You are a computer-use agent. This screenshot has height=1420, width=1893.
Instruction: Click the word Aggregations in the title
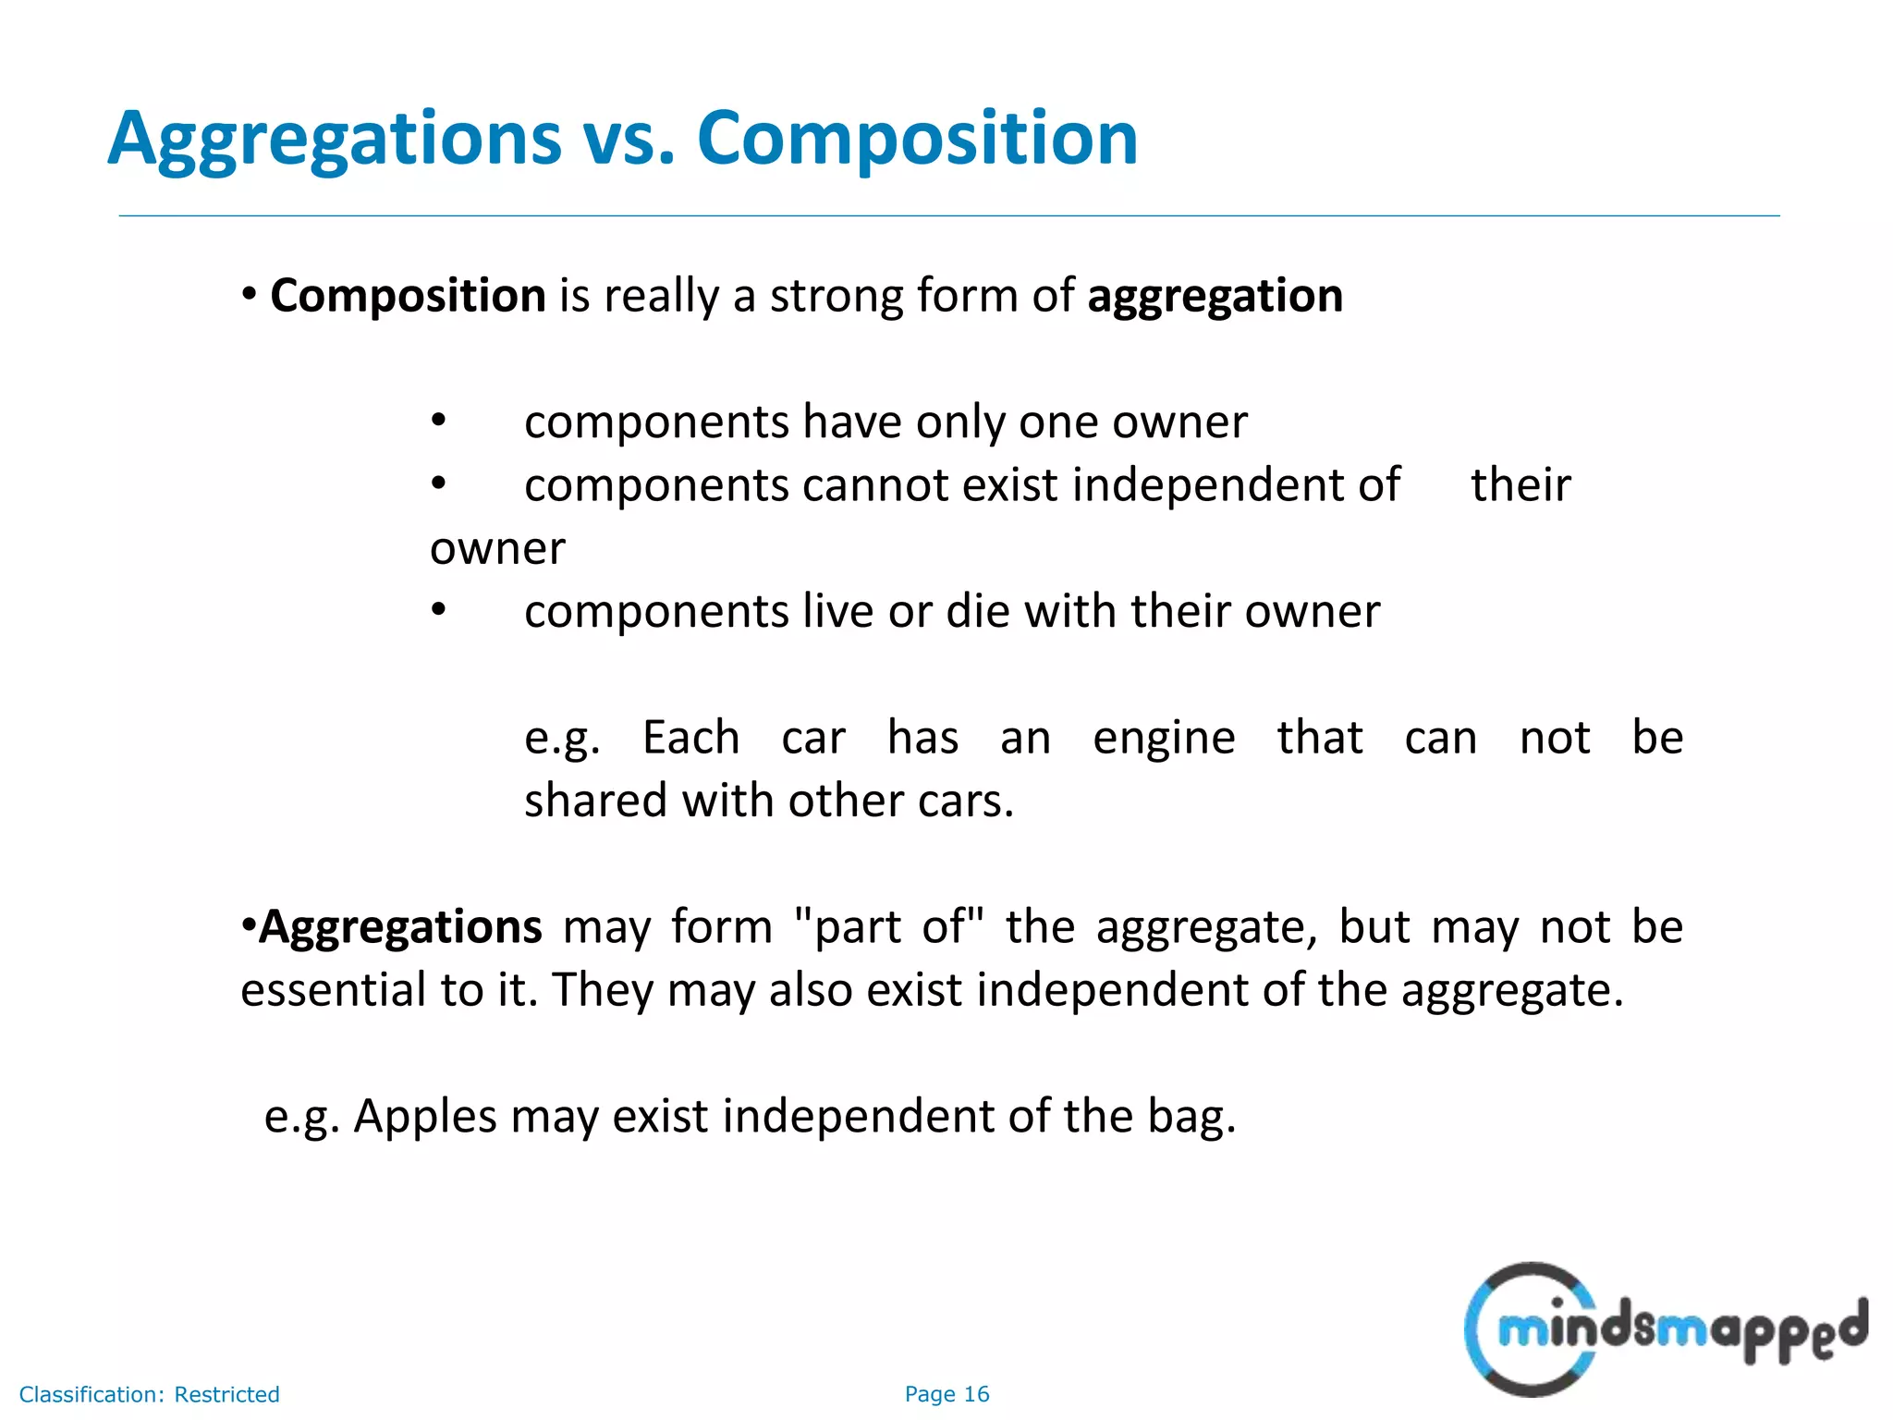tap(335, 139)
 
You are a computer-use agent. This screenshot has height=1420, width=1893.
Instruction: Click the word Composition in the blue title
tap(917, 139)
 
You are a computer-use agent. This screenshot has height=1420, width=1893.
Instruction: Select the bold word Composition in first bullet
tap(408, 296)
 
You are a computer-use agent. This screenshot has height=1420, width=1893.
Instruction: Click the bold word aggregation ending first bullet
tap(1215, 296)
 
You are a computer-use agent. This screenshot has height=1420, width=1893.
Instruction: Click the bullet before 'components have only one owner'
tap(439, 422)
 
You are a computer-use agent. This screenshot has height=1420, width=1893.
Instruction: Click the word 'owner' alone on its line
tap(497, 549)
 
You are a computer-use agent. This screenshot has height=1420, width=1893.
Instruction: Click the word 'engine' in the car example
tap(1164, 739)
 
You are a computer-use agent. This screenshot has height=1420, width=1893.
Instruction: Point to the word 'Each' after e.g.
tap(690, 739)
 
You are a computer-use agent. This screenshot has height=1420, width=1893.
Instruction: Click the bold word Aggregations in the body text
tap(399, 927)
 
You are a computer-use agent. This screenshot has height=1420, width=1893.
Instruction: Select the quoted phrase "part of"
tap(889, 927)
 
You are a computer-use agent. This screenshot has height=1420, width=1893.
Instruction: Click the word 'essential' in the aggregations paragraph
tap(333, 990)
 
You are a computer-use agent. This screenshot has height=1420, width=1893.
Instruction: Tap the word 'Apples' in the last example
tap(425, 1117)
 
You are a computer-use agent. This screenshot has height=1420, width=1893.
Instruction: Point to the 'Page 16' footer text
tap(946, 1394)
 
